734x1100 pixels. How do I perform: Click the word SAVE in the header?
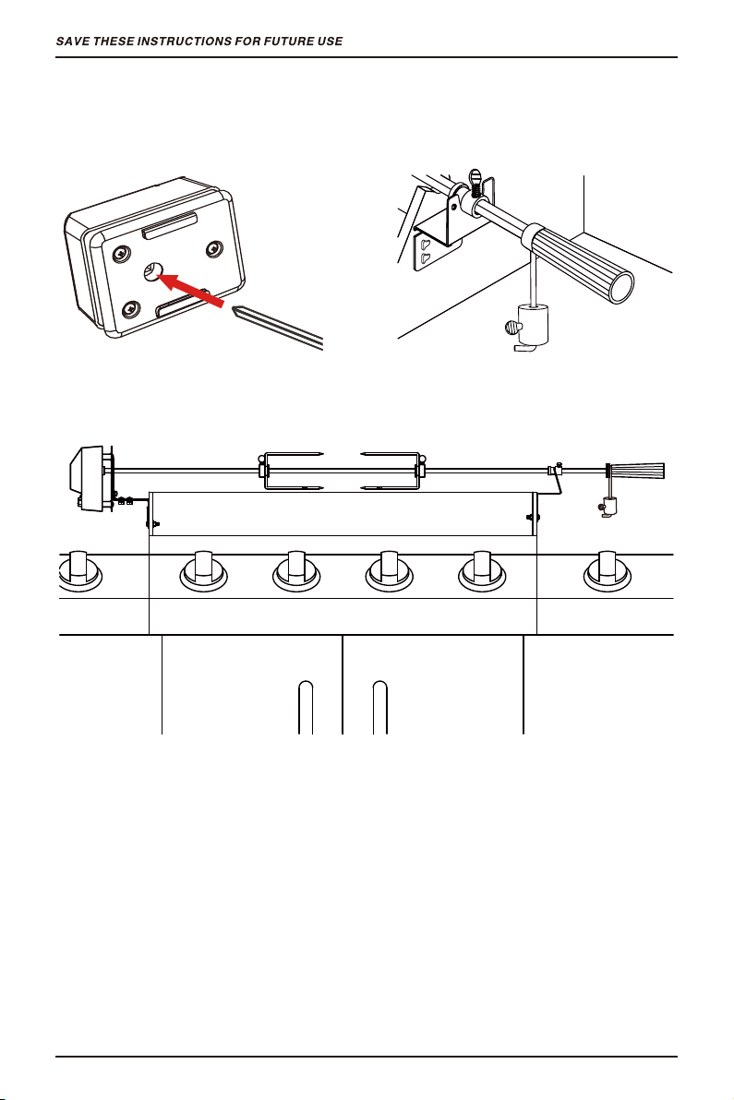point(72,42)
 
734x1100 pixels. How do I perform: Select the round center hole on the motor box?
point(153,271)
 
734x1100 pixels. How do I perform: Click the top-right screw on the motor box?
point(213,249)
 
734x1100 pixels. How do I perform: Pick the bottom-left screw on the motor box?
point(130,309)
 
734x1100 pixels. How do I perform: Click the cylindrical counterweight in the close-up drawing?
point(533,324)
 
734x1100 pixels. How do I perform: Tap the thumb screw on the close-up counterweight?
point(511,326)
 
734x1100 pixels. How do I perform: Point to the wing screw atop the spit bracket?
point(475,180)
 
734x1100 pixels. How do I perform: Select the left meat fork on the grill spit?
point(291,470)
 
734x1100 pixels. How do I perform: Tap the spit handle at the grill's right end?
point(636,470)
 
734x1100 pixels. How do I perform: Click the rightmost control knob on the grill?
point(607,569)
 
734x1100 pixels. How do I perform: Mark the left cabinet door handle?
point(306,707)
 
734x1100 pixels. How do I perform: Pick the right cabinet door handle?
point(379,707)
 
